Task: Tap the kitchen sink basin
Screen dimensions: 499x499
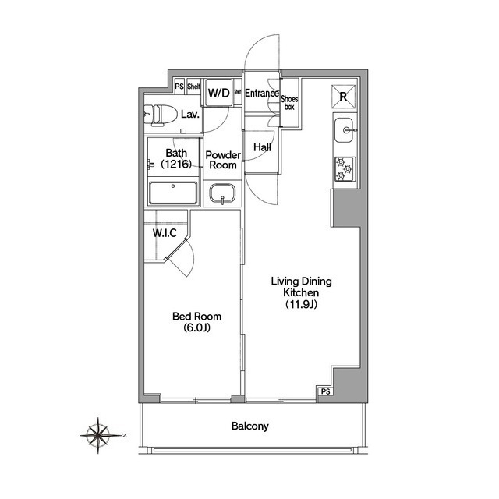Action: (344, 130)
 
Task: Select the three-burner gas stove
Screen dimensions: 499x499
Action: (345, 169)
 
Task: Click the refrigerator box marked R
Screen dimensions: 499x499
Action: (343, 97)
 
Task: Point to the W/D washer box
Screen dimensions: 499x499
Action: (219, 93)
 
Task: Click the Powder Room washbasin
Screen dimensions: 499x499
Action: (222, 193)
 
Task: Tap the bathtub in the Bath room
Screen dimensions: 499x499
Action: (173, 193)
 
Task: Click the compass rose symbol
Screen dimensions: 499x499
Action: (99, 435)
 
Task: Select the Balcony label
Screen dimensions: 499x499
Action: (249, 426)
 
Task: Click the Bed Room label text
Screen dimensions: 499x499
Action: (196, 317)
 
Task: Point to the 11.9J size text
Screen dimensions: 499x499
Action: (301, 305)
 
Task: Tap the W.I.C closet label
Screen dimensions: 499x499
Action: (165, 233)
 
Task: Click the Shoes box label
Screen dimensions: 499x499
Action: (289, 103)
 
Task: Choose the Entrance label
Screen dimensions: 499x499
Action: (262, 94)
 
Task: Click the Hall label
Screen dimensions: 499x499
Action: (262, 147)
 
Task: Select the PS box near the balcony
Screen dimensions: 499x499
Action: (325, 391)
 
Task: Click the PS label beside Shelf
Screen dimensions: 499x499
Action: (179, 87)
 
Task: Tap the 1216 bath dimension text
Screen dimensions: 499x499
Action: (176, 164)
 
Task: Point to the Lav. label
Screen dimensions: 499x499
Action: (190, 114)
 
